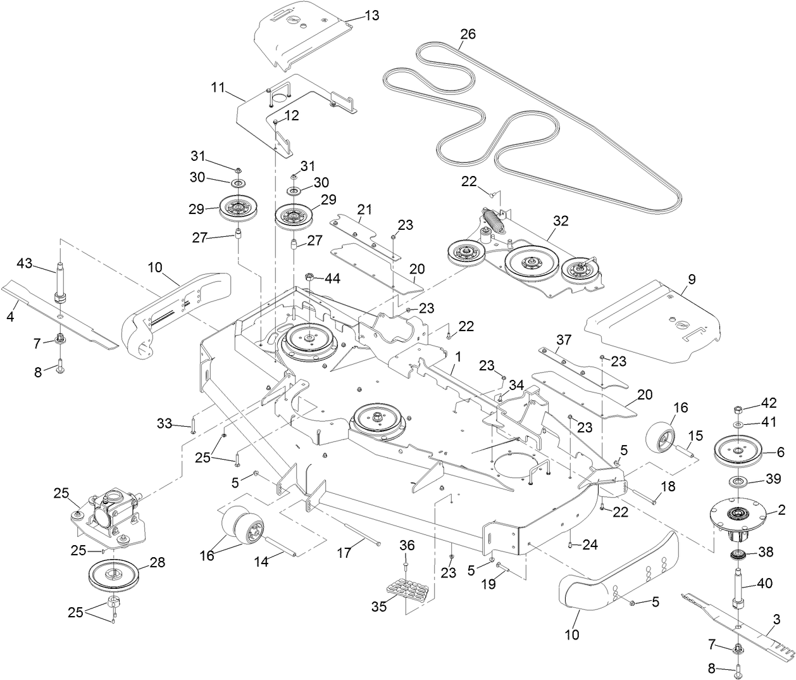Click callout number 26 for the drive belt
[468, 34]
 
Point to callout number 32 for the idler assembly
[560, 221]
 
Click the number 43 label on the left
[24, 262]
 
